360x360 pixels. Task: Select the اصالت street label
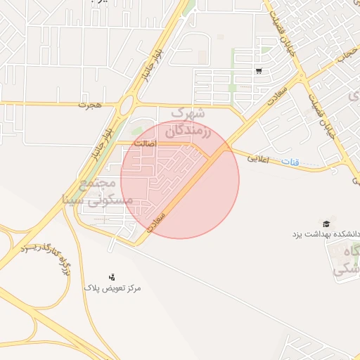click(x=163, y=143)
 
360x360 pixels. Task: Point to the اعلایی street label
click(x=258, y=159)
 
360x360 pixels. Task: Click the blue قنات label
click(x=290, y=162)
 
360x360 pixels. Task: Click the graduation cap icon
click(x=326, y=223)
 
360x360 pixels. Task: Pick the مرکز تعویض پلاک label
click(x=112, y=288)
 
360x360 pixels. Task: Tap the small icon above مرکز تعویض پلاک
click(x=112, y=277)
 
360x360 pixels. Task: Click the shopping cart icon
click(x=259, y=71)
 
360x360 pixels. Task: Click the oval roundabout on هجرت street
click(x=126, y=105)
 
